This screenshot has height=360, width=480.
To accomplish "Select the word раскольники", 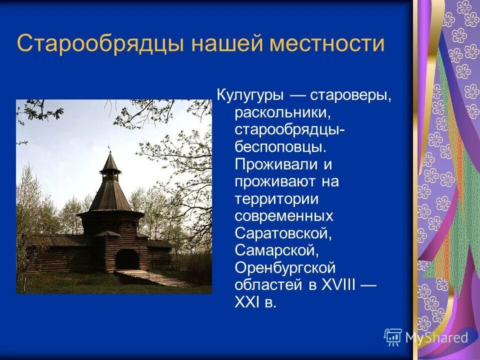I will pos(283,113).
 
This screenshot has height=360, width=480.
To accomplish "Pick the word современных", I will pos(284,216).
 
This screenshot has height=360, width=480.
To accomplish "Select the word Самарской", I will pos(274,251).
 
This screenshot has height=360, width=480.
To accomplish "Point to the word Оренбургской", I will pos(285,268).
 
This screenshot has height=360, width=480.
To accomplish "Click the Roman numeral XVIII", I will pos(337,285).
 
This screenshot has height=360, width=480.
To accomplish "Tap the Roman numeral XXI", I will pos(247,302).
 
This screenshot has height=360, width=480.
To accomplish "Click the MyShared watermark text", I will pos(436,337).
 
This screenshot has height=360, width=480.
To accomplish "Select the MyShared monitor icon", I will pos(393,337).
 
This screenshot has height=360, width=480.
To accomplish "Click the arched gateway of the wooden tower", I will pos(127,259).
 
